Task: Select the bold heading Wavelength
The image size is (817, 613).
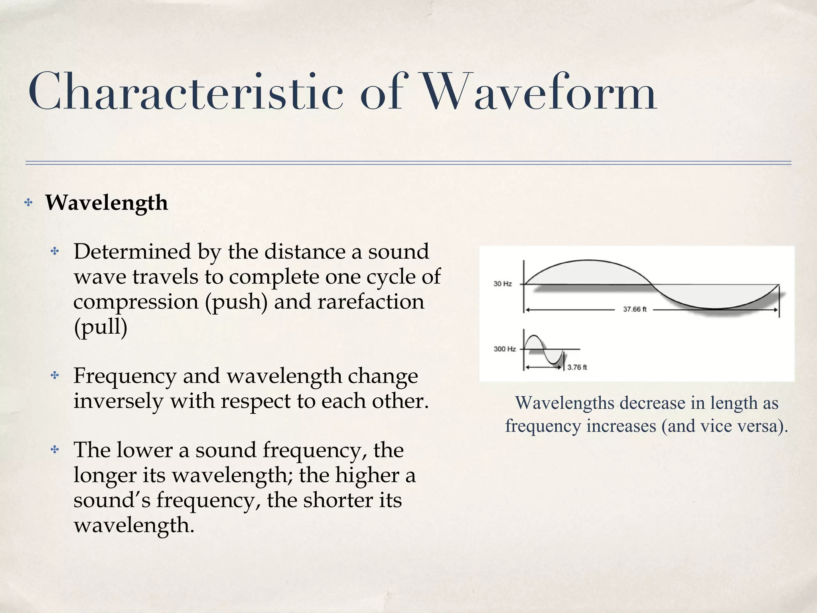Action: (x=107, y=203)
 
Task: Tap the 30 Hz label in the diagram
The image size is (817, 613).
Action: (x=502, y=284)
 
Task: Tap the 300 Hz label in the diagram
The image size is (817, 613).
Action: (x=505, y=349)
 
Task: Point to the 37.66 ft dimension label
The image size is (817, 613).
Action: (x=634, y=309)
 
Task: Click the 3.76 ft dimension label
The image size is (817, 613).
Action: (x=577, y=367)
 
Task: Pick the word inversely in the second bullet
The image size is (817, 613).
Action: (x=118, y=401)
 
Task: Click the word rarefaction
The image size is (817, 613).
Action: (x=371, y=302)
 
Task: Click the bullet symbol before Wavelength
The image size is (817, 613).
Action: (x=28, y=203)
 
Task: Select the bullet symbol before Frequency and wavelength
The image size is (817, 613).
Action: (x=55, y=376)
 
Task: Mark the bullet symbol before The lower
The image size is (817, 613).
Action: (x=55, y=450)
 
